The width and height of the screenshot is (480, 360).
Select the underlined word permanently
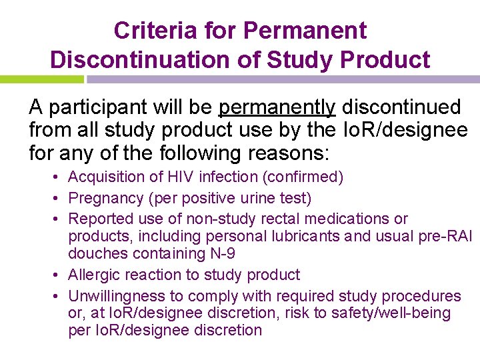[x=277, y=107]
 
